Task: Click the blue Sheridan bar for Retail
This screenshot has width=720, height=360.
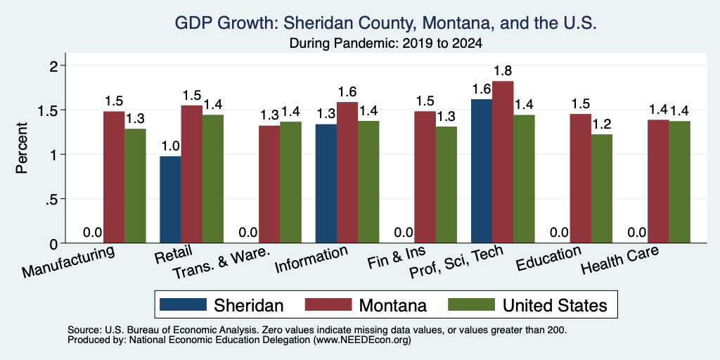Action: point(170,200)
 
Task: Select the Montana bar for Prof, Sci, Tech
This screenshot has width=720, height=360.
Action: point(503,162)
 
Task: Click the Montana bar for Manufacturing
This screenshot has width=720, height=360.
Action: point(114,177)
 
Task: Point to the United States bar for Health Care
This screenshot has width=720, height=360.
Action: point(680,182)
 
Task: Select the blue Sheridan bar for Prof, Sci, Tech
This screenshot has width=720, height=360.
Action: point(482,172)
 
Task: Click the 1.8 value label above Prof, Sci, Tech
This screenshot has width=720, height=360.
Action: point(503,71)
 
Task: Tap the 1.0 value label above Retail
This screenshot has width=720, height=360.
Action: point(170,146)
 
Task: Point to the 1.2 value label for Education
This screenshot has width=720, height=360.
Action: point(602,124)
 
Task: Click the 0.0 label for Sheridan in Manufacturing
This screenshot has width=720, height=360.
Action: point(93,233)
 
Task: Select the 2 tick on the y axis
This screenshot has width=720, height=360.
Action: point(53,65)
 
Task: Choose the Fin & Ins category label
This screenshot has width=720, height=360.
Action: point(397,257)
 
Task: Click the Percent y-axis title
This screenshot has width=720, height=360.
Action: point(22,148)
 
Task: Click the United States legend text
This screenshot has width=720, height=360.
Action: point(555,305)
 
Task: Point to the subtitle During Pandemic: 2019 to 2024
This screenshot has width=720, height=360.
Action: point(385,44)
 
